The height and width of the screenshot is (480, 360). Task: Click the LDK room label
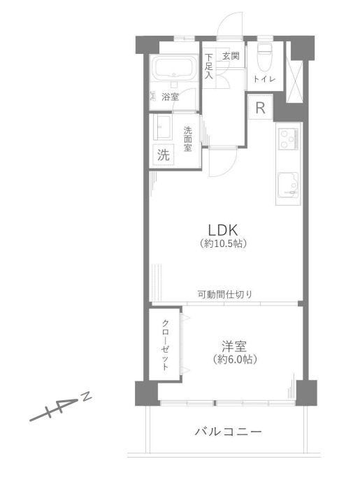tap(224, 230)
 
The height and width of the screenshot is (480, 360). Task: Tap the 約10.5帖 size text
tap(224, 244)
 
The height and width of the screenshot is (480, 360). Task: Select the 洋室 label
tap(234, 346)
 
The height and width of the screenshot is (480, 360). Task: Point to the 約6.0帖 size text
tap(234, 360)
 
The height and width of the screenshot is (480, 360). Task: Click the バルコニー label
tap(229, 432)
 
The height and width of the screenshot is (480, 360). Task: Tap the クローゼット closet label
tap(166, 345)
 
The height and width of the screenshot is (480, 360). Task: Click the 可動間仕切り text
tap(225, 294)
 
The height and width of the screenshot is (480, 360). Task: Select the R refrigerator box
tap(259, 108)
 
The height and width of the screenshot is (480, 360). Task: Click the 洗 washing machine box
tap(163, 155)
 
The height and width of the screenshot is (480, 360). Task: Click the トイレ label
tap(264, 79)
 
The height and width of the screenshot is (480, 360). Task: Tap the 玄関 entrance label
tap(231, 55)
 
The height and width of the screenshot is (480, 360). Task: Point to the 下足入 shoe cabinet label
tap(208, 67)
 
